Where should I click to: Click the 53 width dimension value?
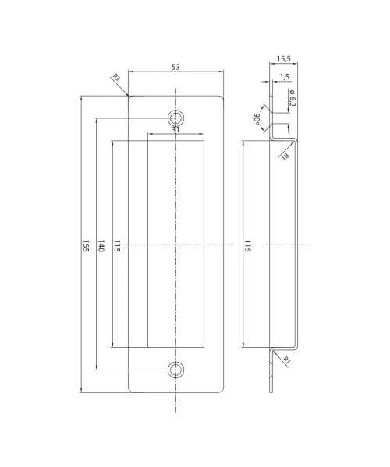pos(175,67)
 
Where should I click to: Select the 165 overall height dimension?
pos(86,245)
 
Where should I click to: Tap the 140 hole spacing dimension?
pos(101,246)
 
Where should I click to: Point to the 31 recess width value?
pos(175,130)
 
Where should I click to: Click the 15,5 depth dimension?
pos(283,58)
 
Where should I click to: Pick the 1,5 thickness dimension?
pos(285,77)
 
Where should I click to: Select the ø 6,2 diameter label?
pos(292,97)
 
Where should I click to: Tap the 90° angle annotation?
pos(257,119)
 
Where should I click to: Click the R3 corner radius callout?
pos(116,78)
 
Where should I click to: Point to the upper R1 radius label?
pos(285,156)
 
